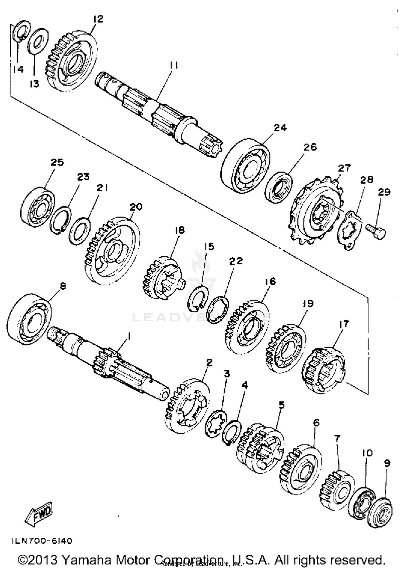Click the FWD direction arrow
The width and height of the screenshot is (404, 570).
(39, 514)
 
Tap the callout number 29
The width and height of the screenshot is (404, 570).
(384, 192)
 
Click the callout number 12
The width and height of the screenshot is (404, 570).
(98, 19)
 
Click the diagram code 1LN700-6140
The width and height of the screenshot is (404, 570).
(42, 541)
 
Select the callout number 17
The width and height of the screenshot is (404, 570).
(343, 324)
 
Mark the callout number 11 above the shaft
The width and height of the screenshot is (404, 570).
(174, 65)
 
